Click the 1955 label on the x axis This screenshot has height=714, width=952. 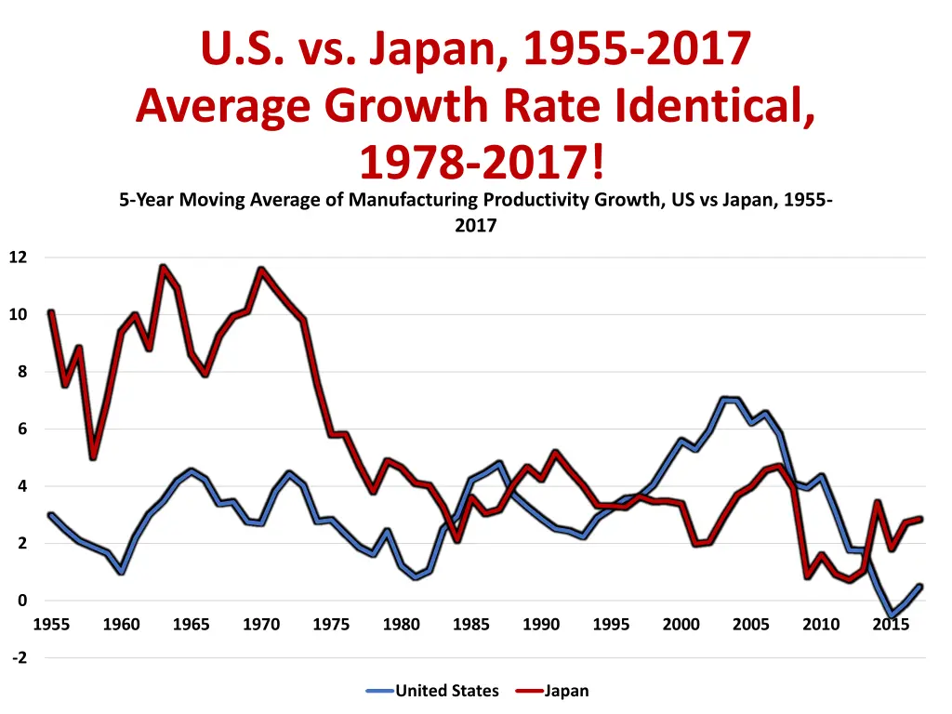[x=51, y=625]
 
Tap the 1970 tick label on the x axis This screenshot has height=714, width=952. [x=261, y=625]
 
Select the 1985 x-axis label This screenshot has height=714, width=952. [x=471, y=625]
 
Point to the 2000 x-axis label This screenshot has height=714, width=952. [x=681, y=625]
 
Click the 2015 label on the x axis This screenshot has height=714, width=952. [x=891, y=625]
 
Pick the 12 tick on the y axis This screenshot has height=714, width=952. [x=19, y=258]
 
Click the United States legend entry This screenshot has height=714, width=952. [x=446, y=691]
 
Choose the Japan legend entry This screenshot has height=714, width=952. [x=566, y=691]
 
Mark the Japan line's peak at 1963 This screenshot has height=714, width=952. [x=163, y=268]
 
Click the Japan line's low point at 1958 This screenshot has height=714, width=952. [x=93, y=457]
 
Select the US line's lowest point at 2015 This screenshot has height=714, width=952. [x=892, y=615]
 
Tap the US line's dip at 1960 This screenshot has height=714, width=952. [x=121, y=572]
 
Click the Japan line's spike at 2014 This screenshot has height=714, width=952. [x=878, y=503]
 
